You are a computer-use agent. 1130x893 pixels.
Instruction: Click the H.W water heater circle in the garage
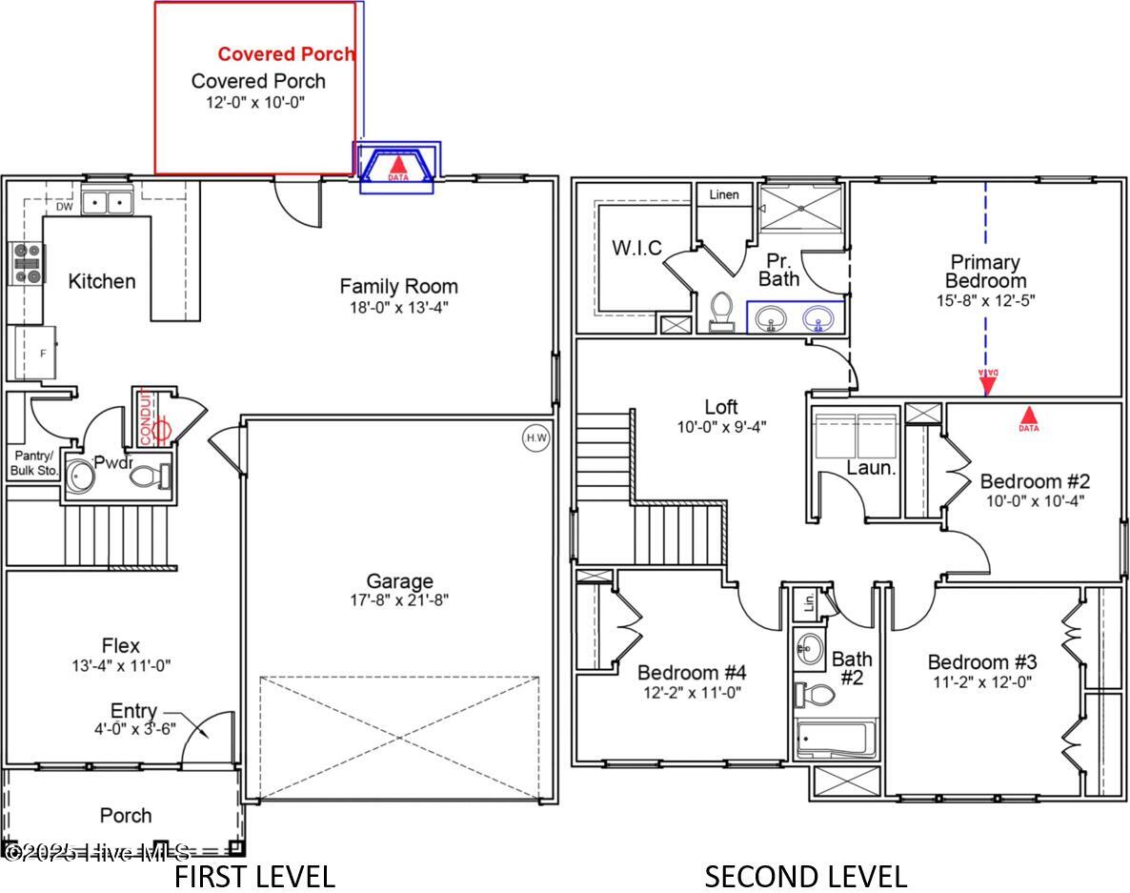pos(536,437)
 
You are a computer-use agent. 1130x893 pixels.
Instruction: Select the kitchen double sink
pos(106,202)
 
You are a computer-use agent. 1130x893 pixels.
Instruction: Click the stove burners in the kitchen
pos(26,264)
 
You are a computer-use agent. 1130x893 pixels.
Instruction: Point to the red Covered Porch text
pos(286,54)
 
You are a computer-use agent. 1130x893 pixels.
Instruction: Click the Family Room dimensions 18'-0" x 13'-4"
pos(398,307)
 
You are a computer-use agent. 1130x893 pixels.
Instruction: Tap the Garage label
pos(399,580)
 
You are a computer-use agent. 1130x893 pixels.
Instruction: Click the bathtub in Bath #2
pos(836,739)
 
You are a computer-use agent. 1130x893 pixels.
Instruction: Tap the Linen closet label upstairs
pos(724,194)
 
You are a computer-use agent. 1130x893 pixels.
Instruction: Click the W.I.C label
pos(636,248)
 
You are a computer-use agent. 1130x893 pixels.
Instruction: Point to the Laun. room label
pos(871,468)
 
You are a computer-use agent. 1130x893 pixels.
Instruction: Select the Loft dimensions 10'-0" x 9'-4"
pos(720,427)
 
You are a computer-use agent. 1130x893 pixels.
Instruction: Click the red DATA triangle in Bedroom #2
pos(1029,416)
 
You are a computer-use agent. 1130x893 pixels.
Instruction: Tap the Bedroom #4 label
pos(690,672)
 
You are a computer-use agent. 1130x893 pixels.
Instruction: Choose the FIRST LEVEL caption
pos(253,876)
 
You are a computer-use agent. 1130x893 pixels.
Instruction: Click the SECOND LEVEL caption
pos(805,876)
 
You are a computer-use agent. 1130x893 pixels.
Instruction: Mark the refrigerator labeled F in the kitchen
pos(34,353)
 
